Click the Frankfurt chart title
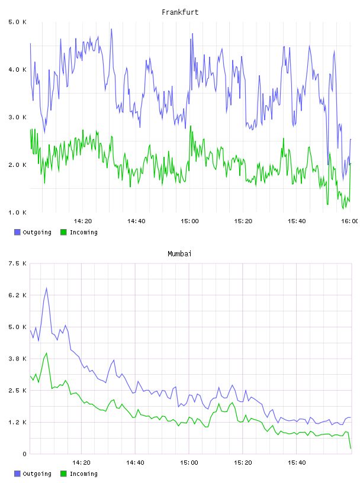point(180,12)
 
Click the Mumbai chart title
point(179,253)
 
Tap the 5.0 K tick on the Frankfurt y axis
point(17,22)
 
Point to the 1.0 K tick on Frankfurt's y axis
point(17,212)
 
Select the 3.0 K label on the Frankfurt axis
point(17,117)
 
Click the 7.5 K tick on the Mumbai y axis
point(17,263)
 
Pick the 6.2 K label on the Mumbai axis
point(17,295)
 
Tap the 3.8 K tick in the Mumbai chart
point(17,359)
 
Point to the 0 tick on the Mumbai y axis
point(24,454)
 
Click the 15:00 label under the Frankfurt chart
point(189,221)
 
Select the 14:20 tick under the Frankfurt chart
point(83,221)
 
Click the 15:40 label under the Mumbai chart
point(297,462)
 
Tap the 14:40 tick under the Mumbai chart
point(136,462)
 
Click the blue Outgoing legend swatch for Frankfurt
point(17,232)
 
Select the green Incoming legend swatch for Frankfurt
point(63,232)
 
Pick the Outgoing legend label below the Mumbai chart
point(37,474)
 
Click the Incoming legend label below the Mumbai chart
point(83,474)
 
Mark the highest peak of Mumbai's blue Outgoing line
point(47,288)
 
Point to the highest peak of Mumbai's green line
point(47,353)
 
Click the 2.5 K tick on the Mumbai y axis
point(17,390)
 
